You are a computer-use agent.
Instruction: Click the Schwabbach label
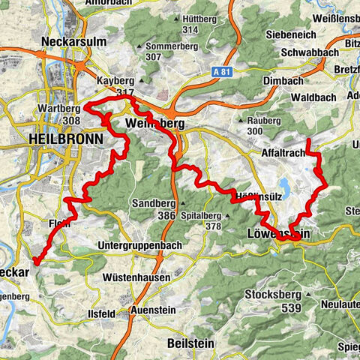click(x=303, y=53)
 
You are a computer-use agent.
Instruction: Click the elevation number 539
click(x=291, y=308)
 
